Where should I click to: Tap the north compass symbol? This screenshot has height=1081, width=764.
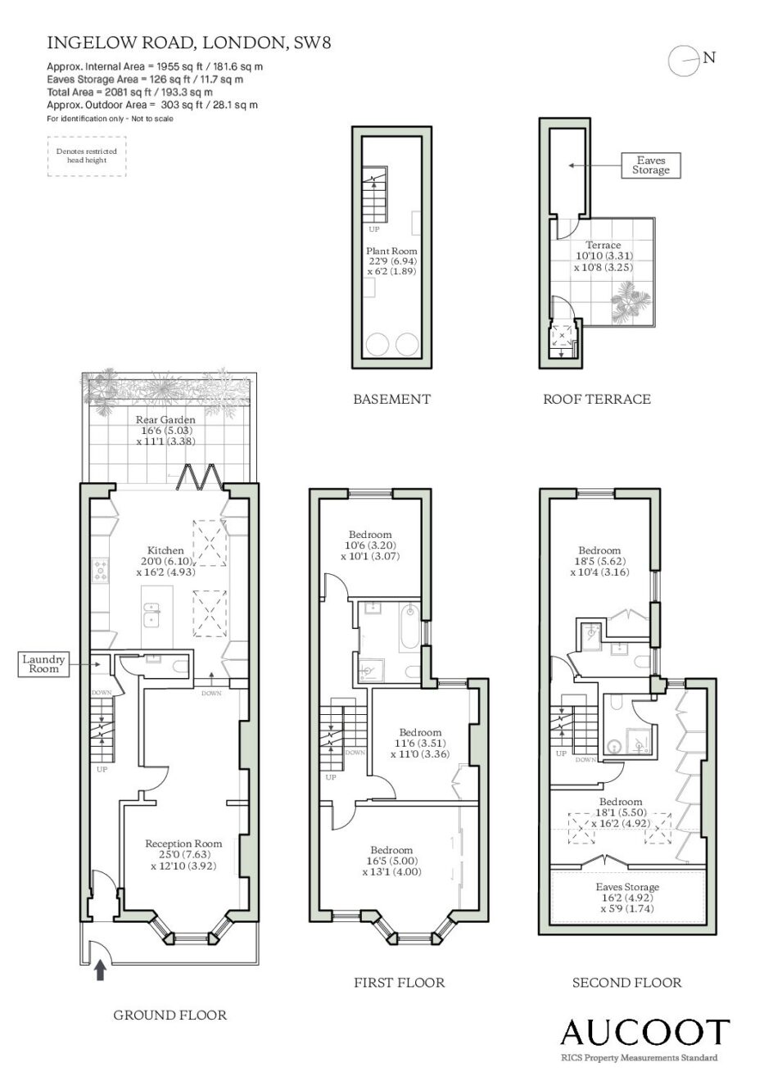tap(685, 61)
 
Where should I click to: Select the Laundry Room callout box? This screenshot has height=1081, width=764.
tap(43, 664)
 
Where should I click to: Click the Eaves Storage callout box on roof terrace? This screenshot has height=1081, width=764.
tap(650, 165)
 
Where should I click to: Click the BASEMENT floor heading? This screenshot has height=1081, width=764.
tap(391, 399)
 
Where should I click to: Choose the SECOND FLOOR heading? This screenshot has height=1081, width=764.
tap(627, 983)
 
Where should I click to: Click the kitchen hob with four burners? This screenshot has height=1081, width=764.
tap(101, 570)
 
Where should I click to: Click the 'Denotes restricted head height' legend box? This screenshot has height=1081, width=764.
tap(87, 156)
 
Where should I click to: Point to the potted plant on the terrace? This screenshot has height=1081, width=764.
tap(631, 302)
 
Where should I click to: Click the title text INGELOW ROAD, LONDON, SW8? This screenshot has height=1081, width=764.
tap(189, 43)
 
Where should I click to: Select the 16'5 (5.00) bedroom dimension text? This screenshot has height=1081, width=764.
tap(391, 860)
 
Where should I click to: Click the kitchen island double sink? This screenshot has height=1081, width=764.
tap(153, 613)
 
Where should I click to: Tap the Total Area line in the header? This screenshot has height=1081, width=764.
tap(130, 93)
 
